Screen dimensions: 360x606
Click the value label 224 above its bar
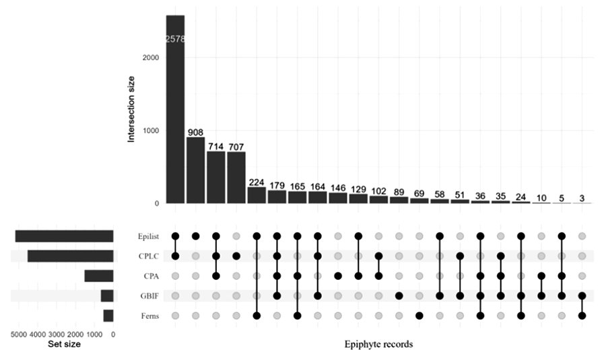coord(257,182)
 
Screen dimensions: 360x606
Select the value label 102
coord(378,190)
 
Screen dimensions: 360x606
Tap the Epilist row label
coord(148,236)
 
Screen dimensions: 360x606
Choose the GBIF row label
coord(149,295)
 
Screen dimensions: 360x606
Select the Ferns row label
coord(149,316)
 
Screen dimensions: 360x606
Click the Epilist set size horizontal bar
coord(64,236)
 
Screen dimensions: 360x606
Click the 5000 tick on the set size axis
coord(18,332)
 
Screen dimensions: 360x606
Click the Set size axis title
coord(64,344)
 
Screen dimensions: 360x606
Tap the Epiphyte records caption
coord(378,344)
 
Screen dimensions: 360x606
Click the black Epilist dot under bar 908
coord(195,236)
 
